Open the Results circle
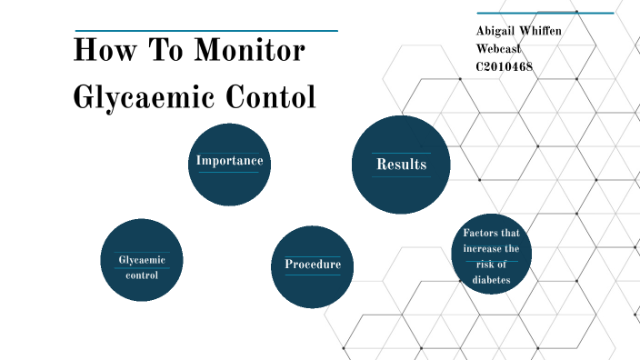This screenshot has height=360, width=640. click(401, 165)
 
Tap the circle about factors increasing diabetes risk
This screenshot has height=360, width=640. click(491, 255)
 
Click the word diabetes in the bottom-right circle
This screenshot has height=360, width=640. click(491, 280)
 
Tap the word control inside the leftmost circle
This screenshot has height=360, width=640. click(142, 275)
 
